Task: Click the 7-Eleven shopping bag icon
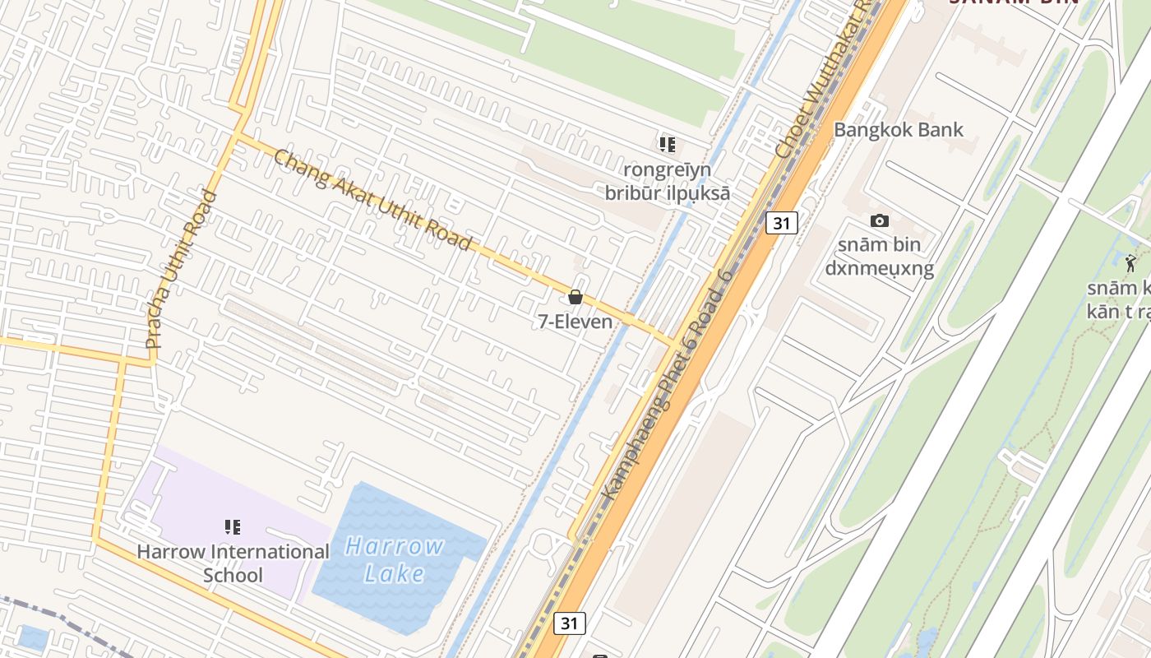pyautogui.click(x=575, y=297)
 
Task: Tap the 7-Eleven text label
pyautogui.click(x=575, y=322)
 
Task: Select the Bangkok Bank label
pyautogui.click(x=899, y=129)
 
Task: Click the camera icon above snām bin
pyautogui.click(x=880, y=220)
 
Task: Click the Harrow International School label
pyautogui.click(x=233, y=563)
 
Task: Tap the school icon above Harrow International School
pyautogui.click(x=233, y=526)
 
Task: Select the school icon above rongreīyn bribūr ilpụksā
pyautogui.click(x=668, y=145)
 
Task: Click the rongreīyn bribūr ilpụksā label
pyautogui.click(x=668, y=181)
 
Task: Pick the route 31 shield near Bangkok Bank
pyautogui.click(x=781, y=223)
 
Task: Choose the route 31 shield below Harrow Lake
pyautogui.click(x=569, y=623)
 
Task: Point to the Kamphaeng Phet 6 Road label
pyautogui.click(x=666, y=394)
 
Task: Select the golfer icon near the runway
pyautogui.click(x=1131, y=263)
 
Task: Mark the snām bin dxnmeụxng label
pyautogui.click(x=879, y=257)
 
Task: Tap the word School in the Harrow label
pyautogui.click(x=233, y=575)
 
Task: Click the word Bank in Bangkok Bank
pyautogui.click(x=942, y=129)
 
